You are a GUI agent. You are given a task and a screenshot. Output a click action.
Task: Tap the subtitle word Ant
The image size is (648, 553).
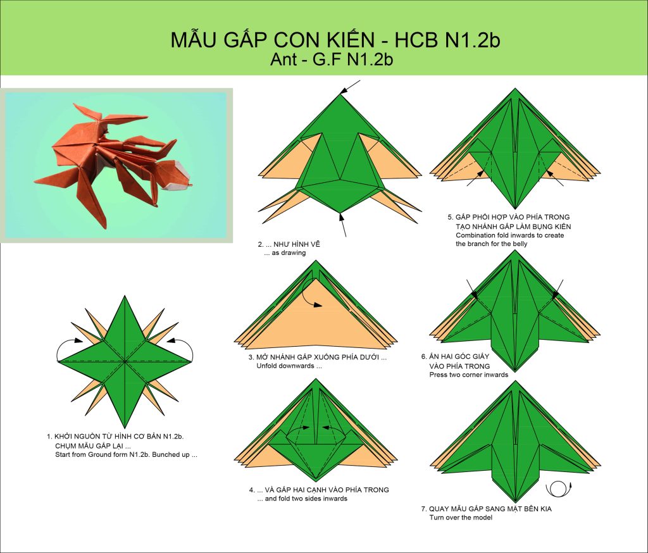point(283,59)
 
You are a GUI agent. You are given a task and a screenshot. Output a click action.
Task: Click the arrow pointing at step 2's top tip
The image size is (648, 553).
point(351,87)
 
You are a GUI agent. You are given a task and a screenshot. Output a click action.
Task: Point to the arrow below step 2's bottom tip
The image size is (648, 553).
point(342,225)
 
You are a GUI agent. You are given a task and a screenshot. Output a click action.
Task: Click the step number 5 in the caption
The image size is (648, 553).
point(450,217)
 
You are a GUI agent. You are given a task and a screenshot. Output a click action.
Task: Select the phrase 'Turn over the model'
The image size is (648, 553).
point(461,518)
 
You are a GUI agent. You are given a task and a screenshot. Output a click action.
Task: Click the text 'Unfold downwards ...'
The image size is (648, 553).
point(289,366)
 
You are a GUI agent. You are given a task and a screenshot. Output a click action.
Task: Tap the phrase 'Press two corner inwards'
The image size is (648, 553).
point(469,375)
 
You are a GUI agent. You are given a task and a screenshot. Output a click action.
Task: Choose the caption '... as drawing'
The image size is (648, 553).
point(285,252)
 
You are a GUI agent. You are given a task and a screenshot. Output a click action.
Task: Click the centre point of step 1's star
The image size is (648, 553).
point(125,362)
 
